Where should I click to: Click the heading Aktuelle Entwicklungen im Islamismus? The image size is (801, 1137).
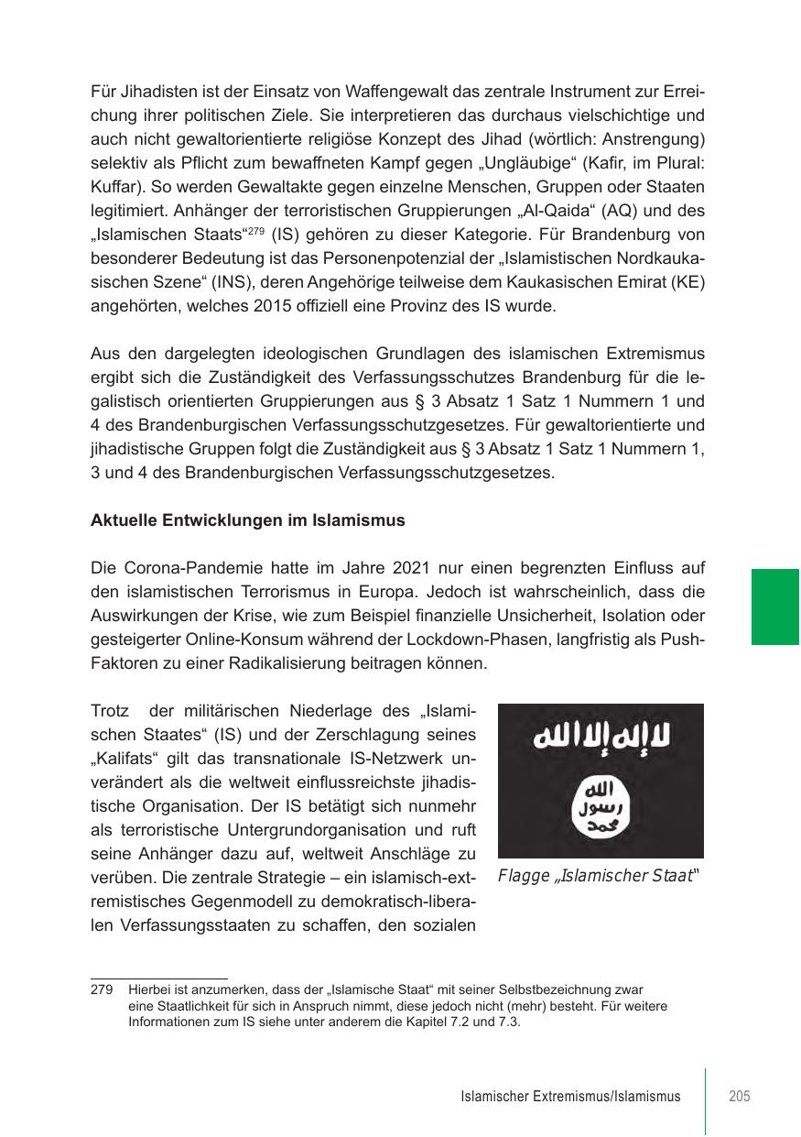[x=248, y=520]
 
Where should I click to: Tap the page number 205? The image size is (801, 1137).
[x=740, y=1096]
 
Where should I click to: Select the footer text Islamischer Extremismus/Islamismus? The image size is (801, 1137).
[x=570, y=1097]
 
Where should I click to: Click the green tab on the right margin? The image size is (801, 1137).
[x=775, y=607]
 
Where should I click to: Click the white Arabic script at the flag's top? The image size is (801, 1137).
[x=601, y=736]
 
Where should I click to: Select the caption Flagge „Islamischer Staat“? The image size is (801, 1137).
[x=599, y=875]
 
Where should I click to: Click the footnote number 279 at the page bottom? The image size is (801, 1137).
[x=102, y=989]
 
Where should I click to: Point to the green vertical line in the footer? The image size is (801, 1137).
[x=706, y=1099]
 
